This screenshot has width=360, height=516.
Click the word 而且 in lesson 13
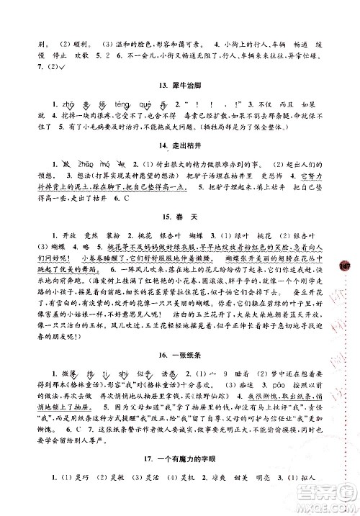click(x=298, y=104)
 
